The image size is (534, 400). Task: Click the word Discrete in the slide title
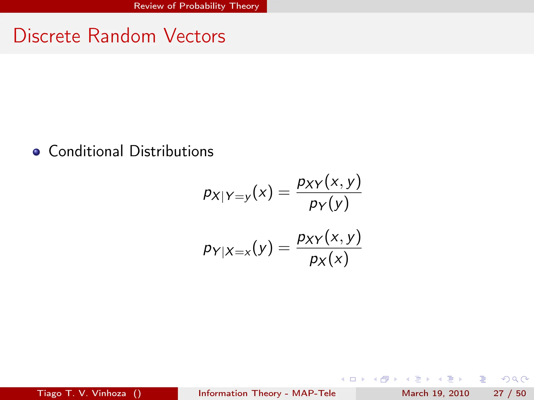click(47, 36)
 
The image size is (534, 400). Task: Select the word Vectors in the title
click(195, 36)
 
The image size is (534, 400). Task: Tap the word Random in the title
click(122, 36)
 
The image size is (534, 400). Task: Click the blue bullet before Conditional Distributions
click(37, 152)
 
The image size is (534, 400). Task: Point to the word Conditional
click(86, 151)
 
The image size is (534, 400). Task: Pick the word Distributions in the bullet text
click(172, 151)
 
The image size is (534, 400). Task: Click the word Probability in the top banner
click(202, 6)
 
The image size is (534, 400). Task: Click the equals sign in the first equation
click(284, 193)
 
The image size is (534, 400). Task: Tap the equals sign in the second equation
click(284, 248)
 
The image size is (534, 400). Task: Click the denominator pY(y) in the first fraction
click(329, 204)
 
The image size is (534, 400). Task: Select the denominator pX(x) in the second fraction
click(329, 259)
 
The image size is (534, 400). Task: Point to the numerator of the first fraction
click(329, 182)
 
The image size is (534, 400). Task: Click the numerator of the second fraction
click(329, 238)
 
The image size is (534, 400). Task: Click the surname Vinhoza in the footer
click(109, 393)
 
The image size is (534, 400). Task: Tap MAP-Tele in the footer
click(314, 393)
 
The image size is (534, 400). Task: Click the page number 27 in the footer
click(498, 393)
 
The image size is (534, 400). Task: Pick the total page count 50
click(521, 393)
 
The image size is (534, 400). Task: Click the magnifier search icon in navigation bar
click(515, 379)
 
